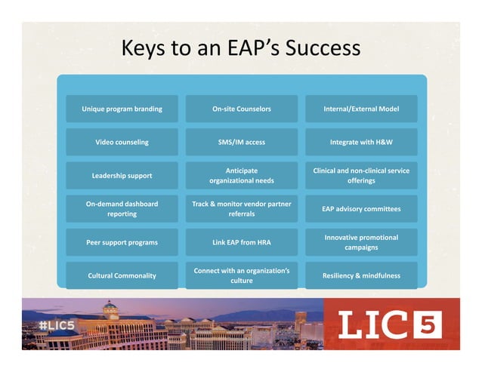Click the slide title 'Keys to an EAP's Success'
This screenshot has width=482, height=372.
[x=241, y=48]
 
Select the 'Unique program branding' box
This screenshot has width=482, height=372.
[x=122, y=109]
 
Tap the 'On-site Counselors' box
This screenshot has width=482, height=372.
[x=241, y=109]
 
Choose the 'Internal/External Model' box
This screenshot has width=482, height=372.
[x=360, y=109]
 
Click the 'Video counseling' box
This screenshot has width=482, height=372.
[x=122, y=142]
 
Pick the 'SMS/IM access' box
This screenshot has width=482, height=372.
[x=241, y=142]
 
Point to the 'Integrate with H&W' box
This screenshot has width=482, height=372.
[x=360, y=142]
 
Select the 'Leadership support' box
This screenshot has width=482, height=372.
[x=122, y=176]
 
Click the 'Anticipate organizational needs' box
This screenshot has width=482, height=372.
[x=241, y=176]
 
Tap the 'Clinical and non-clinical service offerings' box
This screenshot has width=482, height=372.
[x=360, y=176]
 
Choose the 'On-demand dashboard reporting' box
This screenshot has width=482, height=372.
[x=122, y=209]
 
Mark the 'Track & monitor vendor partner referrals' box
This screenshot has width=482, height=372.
[x=241, y=209]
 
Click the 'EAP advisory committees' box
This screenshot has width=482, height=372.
[x=360, y=209]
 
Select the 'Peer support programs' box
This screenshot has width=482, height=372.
[x=122, y=242]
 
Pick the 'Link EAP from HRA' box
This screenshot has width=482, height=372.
[x=241, y=242]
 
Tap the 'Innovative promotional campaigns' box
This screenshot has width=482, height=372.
[x=360, y=242]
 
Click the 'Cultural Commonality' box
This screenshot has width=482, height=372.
[x=122, y=275]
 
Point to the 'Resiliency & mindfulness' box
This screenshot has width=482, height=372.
[x=360, y=275]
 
